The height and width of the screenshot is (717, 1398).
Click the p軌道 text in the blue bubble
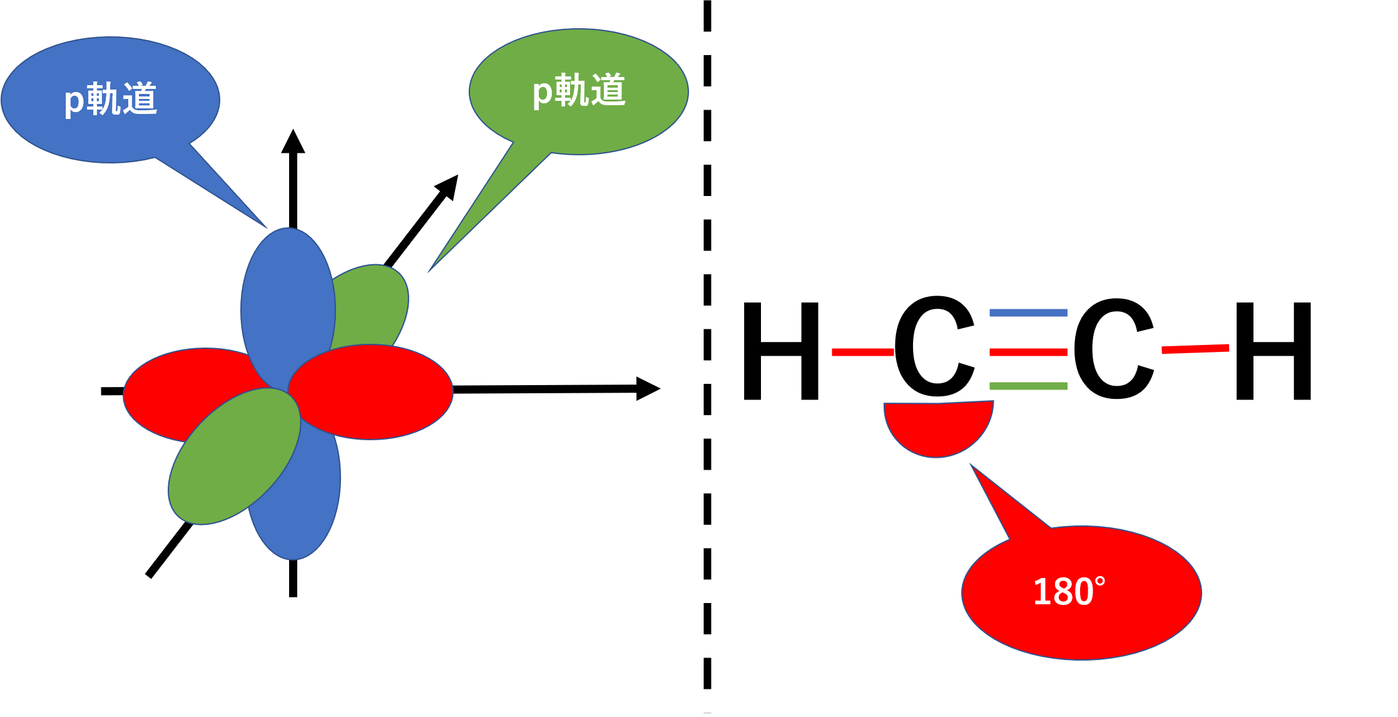[x=111, y=99]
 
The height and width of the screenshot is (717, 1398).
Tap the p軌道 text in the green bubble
[x=579, y=91]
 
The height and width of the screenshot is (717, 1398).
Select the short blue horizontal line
[x=1028, y=312]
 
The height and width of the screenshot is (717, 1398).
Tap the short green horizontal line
[x=1028, y=386]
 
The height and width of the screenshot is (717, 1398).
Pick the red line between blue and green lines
[x=1028, y=352]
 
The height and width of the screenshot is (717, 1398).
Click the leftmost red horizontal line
[x=862, y=352]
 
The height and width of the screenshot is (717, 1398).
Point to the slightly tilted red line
[x=1195, y=349]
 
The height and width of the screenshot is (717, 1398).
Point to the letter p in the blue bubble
[x=74, y=101]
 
